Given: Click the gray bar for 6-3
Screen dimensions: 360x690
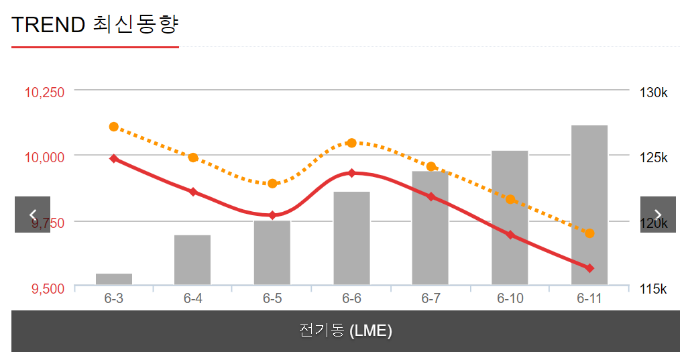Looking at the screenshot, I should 114,279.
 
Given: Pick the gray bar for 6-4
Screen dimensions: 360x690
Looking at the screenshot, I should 192,259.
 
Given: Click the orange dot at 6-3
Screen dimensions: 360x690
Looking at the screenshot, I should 114,127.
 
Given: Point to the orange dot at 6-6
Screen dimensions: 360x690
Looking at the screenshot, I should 351,143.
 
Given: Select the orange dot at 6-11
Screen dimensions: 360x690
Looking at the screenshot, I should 589,233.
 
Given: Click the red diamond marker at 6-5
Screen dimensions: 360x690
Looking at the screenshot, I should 272,215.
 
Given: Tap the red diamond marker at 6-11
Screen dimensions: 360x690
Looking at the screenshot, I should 589,268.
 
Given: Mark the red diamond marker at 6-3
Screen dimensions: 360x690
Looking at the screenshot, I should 114,159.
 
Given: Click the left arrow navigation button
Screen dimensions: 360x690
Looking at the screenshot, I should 32,215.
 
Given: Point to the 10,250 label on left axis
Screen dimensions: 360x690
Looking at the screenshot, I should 45,93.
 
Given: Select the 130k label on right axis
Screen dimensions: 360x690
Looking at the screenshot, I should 653,93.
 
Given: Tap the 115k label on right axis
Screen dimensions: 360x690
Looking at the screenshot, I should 653,289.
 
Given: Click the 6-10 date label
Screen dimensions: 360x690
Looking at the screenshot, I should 510,298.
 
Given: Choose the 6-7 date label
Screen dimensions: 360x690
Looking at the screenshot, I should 430,298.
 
